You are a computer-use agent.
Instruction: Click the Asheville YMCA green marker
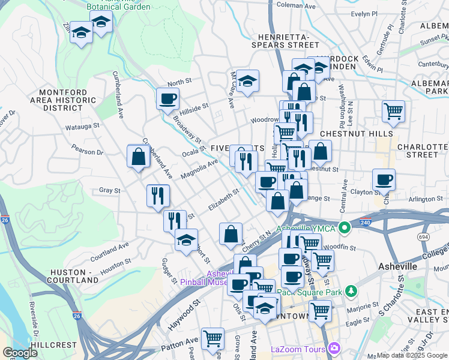pyautogui.click(x=344, y=228)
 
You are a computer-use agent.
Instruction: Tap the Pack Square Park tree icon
pyautogui.click(x=352, y=292)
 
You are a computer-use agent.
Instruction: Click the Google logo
pyautogui.click(x=20, y=353)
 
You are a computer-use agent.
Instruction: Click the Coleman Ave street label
pyautogui.click(x=296, y=5)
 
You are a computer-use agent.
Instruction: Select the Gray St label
pyautogui.click(x=110, y=190)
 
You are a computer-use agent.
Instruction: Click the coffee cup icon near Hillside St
pyautogui.click(x=167, y=98)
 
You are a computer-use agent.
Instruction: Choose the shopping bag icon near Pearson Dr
pyautogui.click(x=139, y=157)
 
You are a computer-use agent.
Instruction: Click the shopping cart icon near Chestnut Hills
pyautogui.click(x=393, y=111)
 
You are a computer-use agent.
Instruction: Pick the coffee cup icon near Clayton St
pyautogui.click(x=384, y=179)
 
